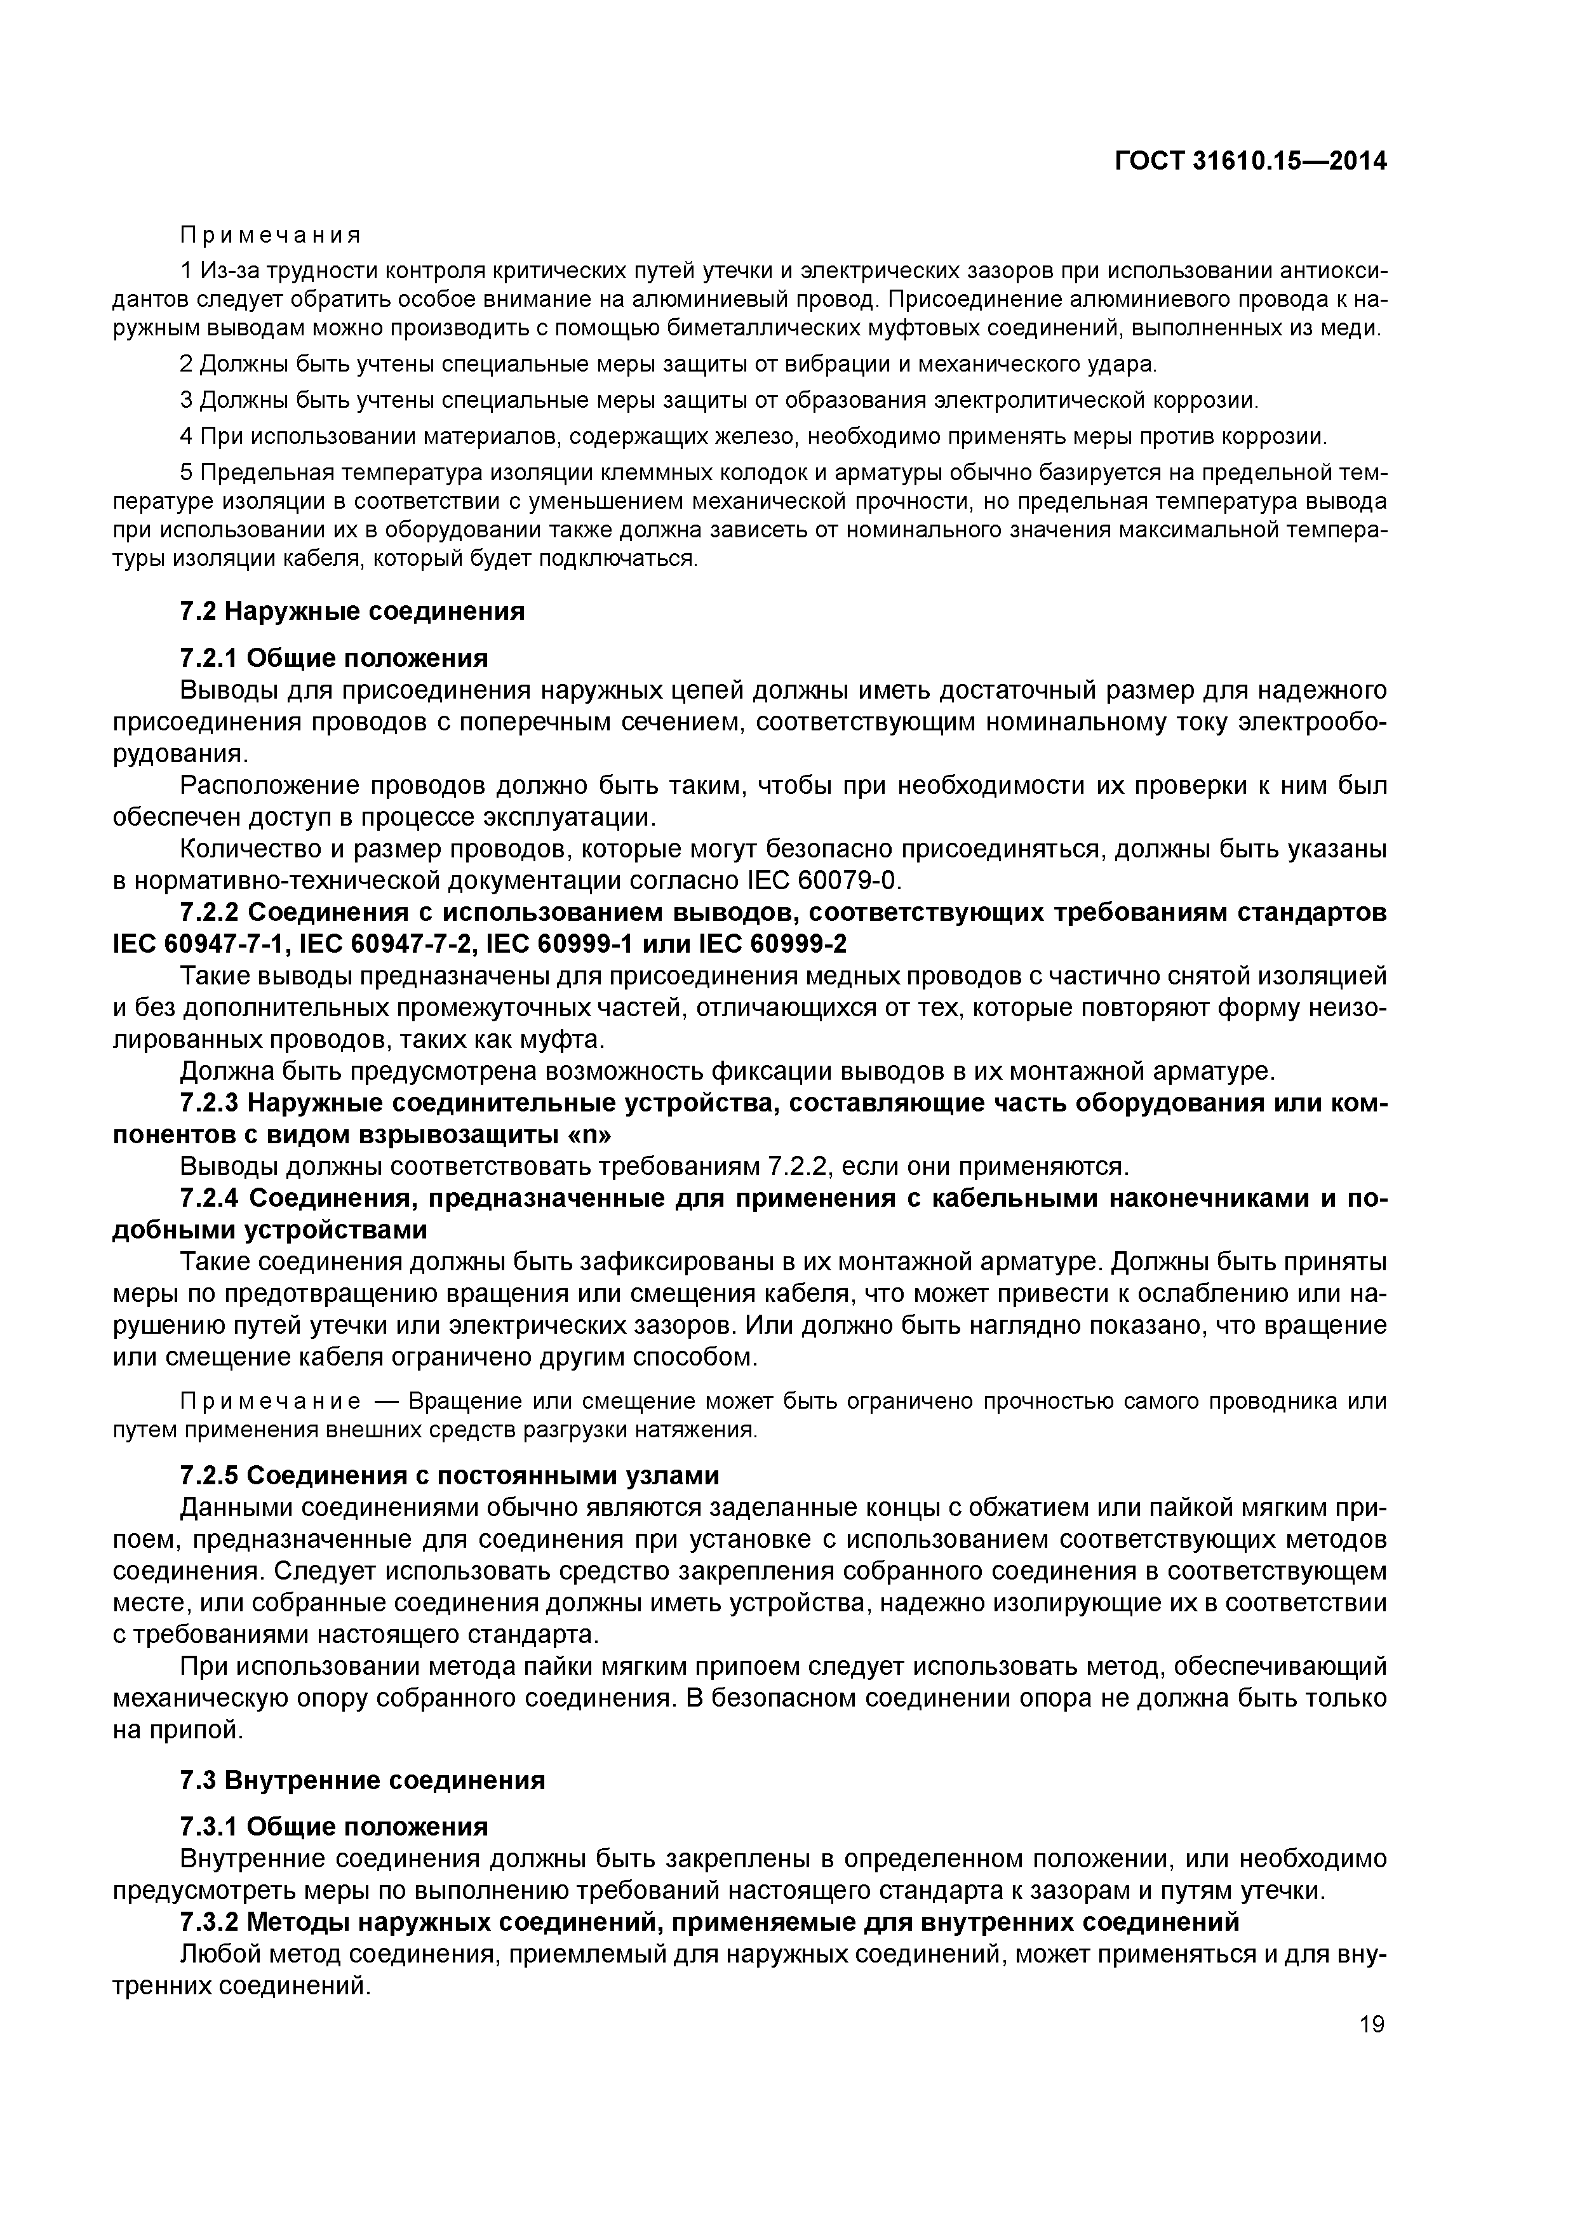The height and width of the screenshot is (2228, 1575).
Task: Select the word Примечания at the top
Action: [271, 236]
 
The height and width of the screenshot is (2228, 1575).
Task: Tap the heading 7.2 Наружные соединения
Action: [352, 612]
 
